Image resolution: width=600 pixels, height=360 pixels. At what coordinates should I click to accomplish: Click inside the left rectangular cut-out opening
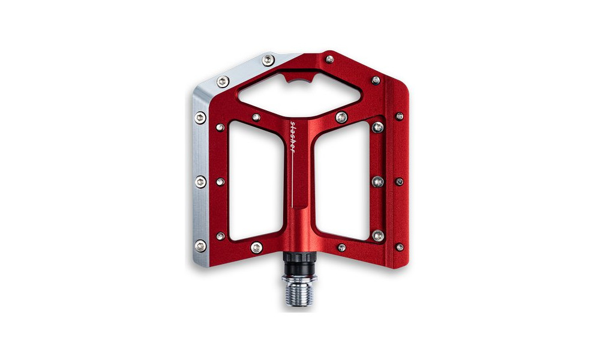(x=256, y=180)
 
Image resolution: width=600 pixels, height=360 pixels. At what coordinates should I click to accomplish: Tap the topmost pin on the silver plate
(x=268, y=59)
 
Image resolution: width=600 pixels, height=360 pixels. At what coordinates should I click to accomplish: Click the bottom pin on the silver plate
(x=200, y=245)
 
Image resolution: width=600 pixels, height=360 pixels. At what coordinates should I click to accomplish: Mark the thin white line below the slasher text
(x=293, y=180)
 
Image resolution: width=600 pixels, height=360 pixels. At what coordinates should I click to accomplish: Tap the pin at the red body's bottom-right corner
(x=400, y=247)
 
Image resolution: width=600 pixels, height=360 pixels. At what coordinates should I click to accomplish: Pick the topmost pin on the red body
(x=330, y=59)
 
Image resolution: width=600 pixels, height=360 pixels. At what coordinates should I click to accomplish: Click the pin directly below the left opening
(x=256, y=247)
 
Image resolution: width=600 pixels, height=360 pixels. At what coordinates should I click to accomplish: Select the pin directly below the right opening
(x=341, y=247)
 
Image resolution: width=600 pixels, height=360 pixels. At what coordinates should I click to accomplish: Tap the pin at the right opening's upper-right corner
(x=377, y=127)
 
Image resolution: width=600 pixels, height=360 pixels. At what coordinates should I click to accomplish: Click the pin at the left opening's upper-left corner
(x=220, y=127)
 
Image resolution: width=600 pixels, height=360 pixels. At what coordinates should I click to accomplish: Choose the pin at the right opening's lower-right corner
(x=377, y=236)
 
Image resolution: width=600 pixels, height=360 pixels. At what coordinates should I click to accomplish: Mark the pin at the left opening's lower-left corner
(x=220, y=236)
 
